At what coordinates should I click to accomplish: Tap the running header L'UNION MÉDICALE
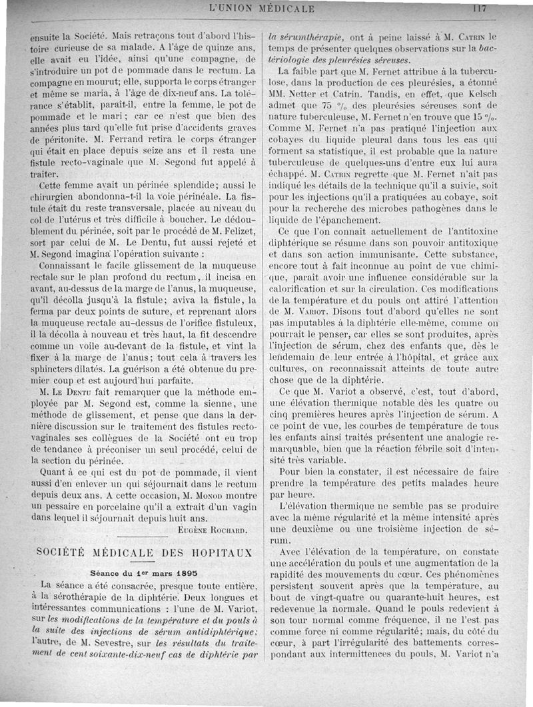262,9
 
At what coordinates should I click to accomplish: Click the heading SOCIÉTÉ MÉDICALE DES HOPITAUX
145,553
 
